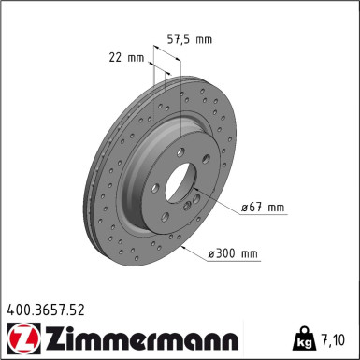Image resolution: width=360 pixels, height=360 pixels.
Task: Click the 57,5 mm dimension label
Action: (x=190, y=39)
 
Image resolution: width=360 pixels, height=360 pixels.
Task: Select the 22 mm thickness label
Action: (x=126, y=58)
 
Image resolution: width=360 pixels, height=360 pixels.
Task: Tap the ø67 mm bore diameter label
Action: (x=263, y=208)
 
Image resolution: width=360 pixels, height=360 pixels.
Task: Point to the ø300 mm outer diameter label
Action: (x=233, y=253)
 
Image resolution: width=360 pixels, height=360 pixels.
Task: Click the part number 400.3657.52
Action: (x=46, y=310)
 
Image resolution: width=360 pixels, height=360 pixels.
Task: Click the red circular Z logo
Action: (x=23, y=338)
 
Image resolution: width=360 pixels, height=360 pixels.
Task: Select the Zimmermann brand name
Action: (x=143, y=338)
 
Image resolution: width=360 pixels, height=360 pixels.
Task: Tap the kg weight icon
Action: (x=302, y=338)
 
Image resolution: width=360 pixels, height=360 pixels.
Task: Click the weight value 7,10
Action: (x=333, y=339)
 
